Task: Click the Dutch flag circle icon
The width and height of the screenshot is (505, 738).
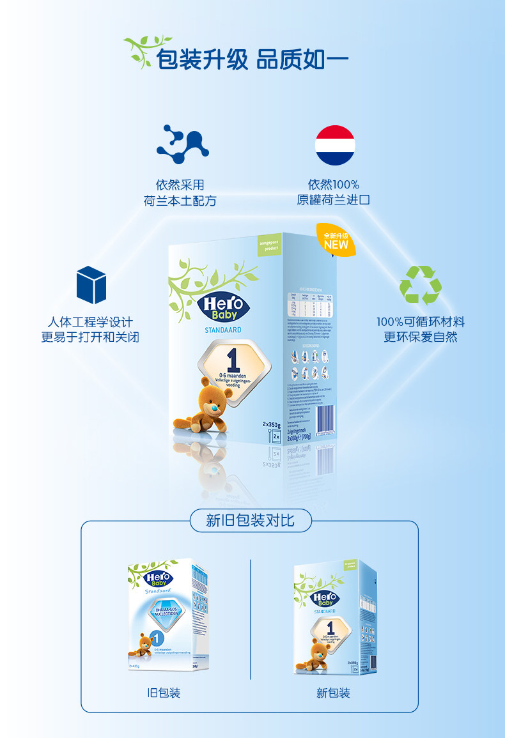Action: [x=335, y=145]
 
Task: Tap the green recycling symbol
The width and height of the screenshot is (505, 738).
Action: [x=420, y=284]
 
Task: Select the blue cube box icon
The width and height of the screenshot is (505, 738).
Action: [x=91, y=284]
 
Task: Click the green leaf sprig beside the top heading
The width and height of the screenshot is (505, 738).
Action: [x=138, y=51]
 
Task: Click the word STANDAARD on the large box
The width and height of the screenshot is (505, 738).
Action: [x=222, y=330]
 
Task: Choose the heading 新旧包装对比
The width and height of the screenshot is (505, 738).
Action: [x=250, y=520]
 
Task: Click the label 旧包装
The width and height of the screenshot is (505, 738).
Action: [x=164, y=693]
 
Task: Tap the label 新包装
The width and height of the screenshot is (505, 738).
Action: [x=333, y=693]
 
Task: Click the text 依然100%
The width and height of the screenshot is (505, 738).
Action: [x=333, y=185]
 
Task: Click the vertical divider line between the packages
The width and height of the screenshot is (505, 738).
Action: [x=250, y=619]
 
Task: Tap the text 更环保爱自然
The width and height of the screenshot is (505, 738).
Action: [x=420, y=337]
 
